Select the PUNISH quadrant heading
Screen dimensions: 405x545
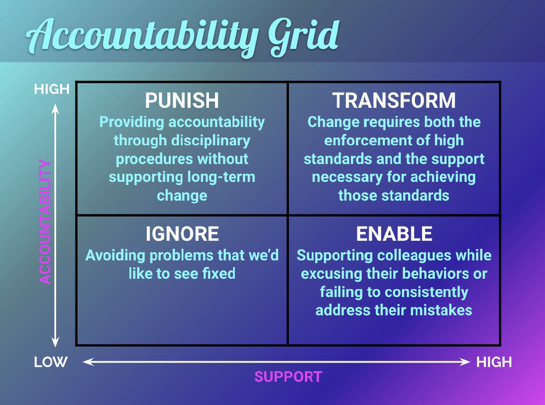tap(182, 101)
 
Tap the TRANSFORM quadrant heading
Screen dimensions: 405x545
tap(393, 101)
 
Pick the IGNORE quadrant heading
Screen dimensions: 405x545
tap(182, 234)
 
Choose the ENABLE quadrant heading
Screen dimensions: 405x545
tap(393, 234)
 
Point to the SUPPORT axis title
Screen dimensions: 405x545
tap(288, 377)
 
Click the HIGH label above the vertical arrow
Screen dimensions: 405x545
tap(52, 89)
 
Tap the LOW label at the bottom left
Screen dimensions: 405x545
tap(51, 362)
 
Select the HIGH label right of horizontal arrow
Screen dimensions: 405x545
tap(494, 362)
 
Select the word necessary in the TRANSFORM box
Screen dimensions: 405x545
tap(350, 177)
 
